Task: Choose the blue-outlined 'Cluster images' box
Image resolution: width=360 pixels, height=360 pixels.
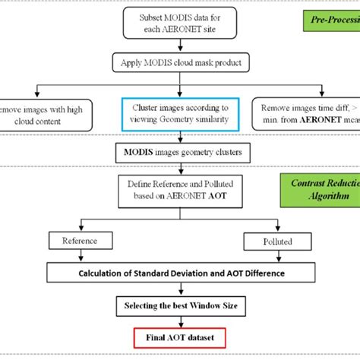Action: pyautogui.click(x=179, y=114)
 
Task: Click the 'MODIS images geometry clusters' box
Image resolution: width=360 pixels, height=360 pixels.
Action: pyautogui.click(x=180, y=153)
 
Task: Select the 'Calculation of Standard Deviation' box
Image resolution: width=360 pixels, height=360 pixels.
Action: pyautogui.click(x=179, y=273)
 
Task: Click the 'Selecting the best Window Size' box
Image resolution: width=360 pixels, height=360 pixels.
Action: pyautogui.click(x=180, y=306)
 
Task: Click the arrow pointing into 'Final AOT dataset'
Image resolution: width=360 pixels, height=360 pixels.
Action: pyautogui.click(x=180, y=322)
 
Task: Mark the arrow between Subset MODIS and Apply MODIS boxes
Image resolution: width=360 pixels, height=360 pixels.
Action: pyautogui.click(x=179, y=46)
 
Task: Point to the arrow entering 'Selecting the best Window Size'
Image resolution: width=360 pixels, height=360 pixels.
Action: pyautogui.click(x=180, y=290)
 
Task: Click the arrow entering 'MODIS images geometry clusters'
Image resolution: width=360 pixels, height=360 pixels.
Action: pyautogui.click(x=179, y=137)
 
